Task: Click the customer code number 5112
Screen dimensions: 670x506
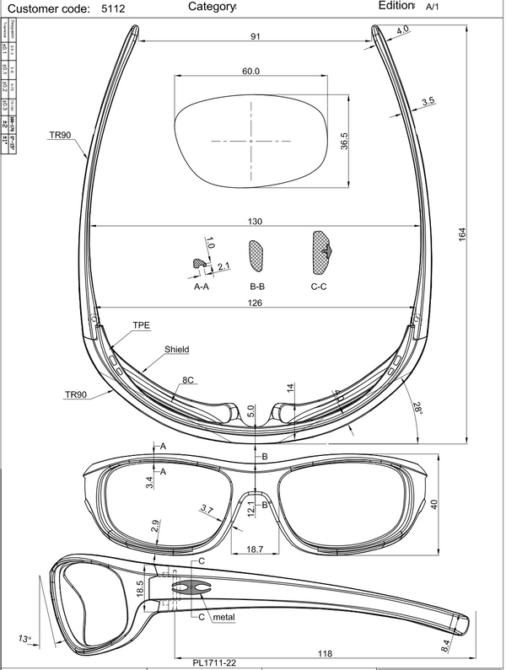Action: [111, 8]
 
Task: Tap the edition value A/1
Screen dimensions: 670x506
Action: [432, 7]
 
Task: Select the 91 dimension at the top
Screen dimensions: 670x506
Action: [256, 36]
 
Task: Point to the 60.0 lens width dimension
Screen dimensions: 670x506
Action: [250, 72]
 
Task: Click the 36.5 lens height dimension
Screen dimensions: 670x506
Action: [344, 141]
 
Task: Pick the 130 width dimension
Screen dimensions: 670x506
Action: [256, 222]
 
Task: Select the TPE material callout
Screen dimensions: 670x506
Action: [141, 324]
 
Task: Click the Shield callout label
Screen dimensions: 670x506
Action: [176, 349]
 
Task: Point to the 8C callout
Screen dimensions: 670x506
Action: [190, 381]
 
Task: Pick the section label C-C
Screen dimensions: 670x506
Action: [320, 287]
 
